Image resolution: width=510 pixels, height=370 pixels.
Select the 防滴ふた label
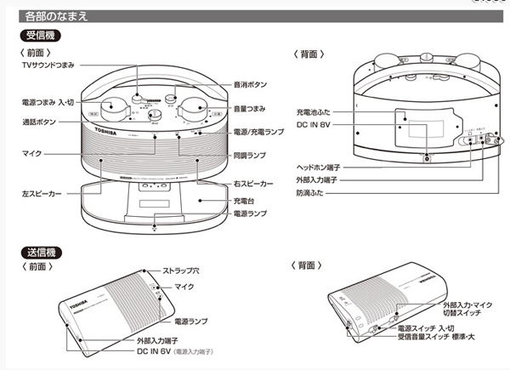click(314, 193)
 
